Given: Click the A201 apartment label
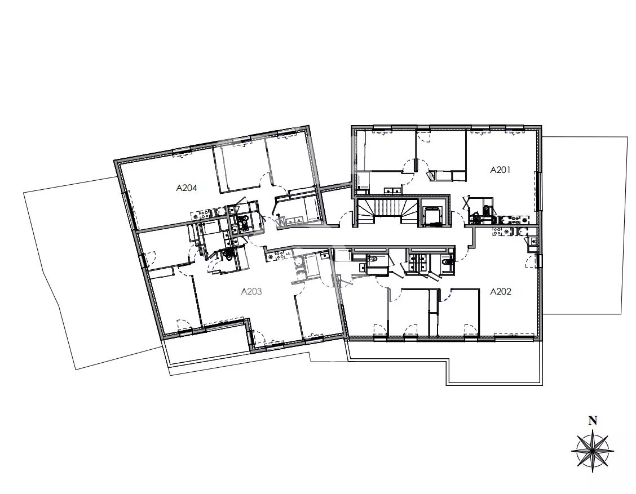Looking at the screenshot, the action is coord(500,170).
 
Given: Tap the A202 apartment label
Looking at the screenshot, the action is coord(501,291).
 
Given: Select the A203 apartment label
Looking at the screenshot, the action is coord(251,291).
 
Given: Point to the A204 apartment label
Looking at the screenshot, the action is coord(187,188).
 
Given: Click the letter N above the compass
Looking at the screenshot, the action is coord(593,421).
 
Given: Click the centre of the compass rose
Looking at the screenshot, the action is coord(592,450).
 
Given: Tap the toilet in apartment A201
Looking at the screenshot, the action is coord(486,210).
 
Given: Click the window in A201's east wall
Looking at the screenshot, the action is coord(538,192).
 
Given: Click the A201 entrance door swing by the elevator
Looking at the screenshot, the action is coord(457,219).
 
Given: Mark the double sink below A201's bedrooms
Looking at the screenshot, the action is coord(391,190).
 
